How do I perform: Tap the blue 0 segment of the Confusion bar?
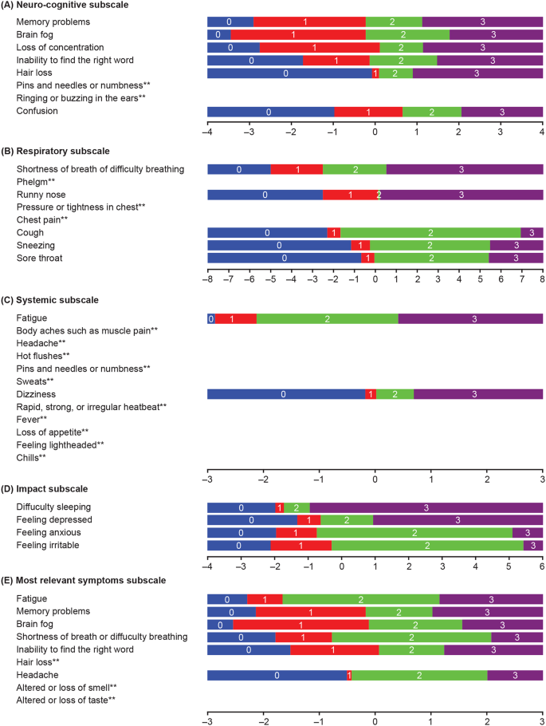pyautogui.click(x=270, y=112)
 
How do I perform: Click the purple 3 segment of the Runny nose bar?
pyautogui.click(x=461, y=195)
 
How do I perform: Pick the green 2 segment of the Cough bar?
pyautogui.click(x=430, y=233)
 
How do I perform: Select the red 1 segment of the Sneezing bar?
pyautogui.click(x=360, y=246)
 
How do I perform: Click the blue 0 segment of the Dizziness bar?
pyautogui.click(x=285, y=394)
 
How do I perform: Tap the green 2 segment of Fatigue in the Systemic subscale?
pyautogui.click(x=327, y=319)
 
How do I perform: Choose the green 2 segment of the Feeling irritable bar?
pyautogui.click(x=427, y=546)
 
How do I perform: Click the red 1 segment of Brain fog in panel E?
pyautogui.click(x=300, y=624)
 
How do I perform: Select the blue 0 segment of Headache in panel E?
pyautogui.click(x=277, y=675)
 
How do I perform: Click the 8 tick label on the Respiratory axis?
pyautogui.click(x=542, y=281)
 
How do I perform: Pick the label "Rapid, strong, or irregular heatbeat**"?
pyautogui.click(x=92, y=407)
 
